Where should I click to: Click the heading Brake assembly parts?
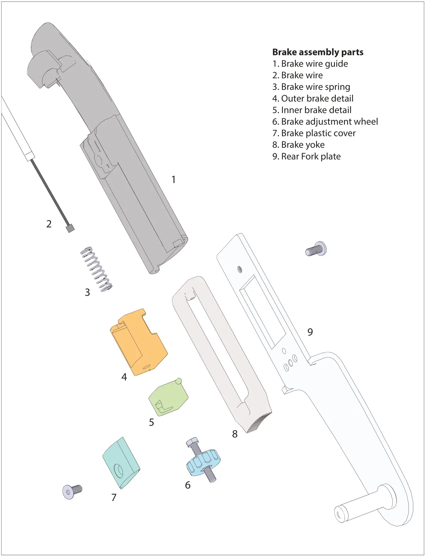(x=318, y=52)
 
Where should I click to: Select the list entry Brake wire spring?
(x=311, y=87)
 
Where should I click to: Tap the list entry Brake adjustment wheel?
(x=325, y=122)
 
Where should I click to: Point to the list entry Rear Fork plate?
(x=306, y=157)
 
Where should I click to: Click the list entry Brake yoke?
(x=298, y=145)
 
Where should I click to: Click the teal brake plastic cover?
(x=121, y=462)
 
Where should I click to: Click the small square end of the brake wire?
(x=70, y=228)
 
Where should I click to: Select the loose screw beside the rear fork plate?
(x=316, y=249)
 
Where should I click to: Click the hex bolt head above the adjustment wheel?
(x=192, y=442)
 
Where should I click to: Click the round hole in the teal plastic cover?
(x=118, y=471)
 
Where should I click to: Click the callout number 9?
(x=310, y=332)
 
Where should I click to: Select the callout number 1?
(x=173, y=180)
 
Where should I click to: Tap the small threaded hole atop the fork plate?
(x=240, y=269)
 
